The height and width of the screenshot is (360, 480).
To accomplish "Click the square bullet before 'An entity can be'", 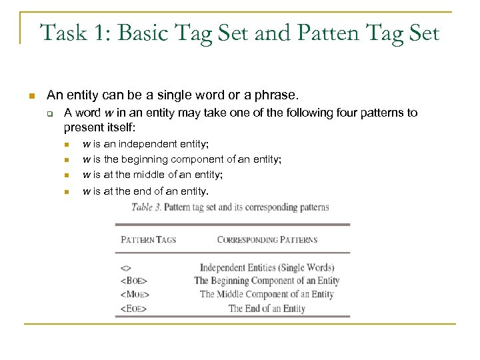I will click(30, 97).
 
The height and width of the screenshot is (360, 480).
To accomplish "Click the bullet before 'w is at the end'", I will click(67, 192).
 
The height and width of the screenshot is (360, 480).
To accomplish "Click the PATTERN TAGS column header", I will click(148, 239).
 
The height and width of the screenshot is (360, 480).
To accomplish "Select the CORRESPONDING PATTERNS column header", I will click(267, 239).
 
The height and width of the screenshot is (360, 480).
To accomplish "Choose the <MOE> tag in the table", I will click(135, 295).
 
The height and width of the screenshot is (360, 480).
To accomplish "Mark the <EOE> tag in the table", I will click(133, 309).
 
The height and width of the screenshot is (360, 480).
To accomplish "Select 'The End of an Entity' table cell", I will click(267, 309).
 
